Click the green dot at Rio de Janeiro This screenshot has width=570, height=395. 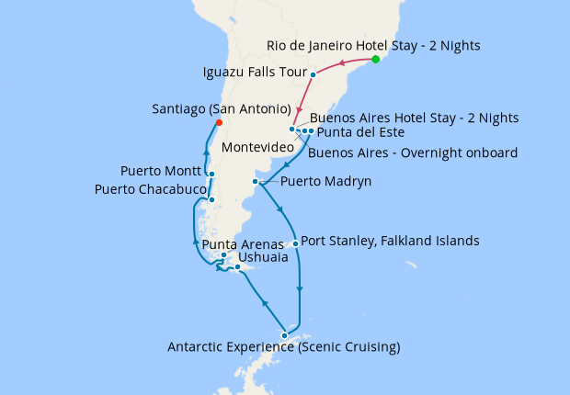coord(375,60)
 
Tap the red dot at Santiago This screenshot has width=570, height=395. coord(218,122)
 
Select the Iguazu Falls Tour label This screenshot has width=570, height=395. coord(253,72)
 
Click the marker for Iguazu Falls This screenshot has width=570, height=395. coord(313,74)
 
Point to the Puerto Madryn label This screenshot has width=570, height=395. coord(325,182)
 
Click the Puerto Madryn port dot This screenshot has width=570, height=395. coord(255,182)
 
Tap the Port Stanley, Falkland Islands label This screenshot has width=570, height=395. coord(390,242)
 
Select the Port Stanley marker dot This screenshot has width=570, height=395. coord(295,243)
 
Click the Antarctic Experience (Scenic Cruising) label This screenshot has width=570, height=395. coord(283,347)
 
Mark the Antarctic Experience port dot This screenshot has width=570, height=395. coord(285,335)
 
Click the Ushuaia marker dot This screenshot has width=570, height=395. coord(238,267)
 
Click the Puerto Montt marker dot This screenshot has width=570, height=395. coord(211,174)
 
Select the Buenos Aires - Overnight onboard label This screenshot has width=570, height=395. coord(413,152)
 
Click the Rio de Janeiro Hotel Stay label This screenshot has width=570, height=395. coord(373,45)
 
